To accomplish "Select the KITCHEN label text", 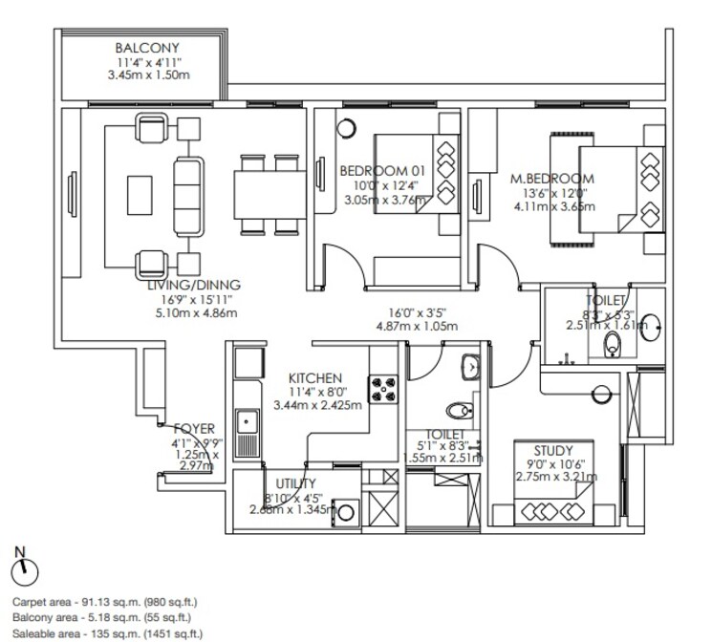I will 314,378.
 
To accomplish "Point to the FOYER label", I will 195,429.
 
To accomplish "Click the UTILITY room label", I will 296,484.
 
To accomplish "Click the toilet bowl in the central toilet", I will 462,411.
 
